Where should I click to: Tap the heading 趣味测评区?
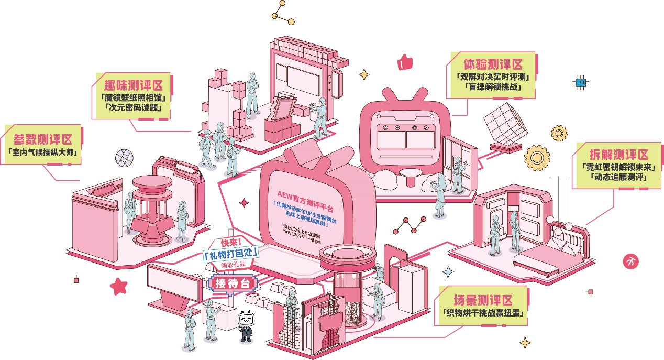132,85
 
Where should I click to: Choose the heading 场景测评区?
482,301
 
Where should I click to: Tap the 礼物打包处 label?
230,255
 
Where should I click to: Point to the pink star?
119,286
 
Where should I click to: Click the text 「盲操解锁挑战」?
492,87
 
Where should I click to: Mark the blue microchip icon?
580,82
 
